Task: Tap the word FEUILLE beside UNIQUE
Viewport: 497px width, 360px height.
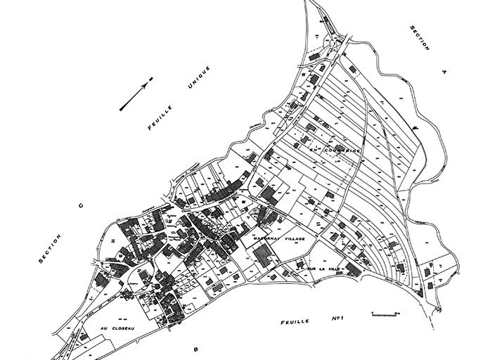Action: pos(161,119)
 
